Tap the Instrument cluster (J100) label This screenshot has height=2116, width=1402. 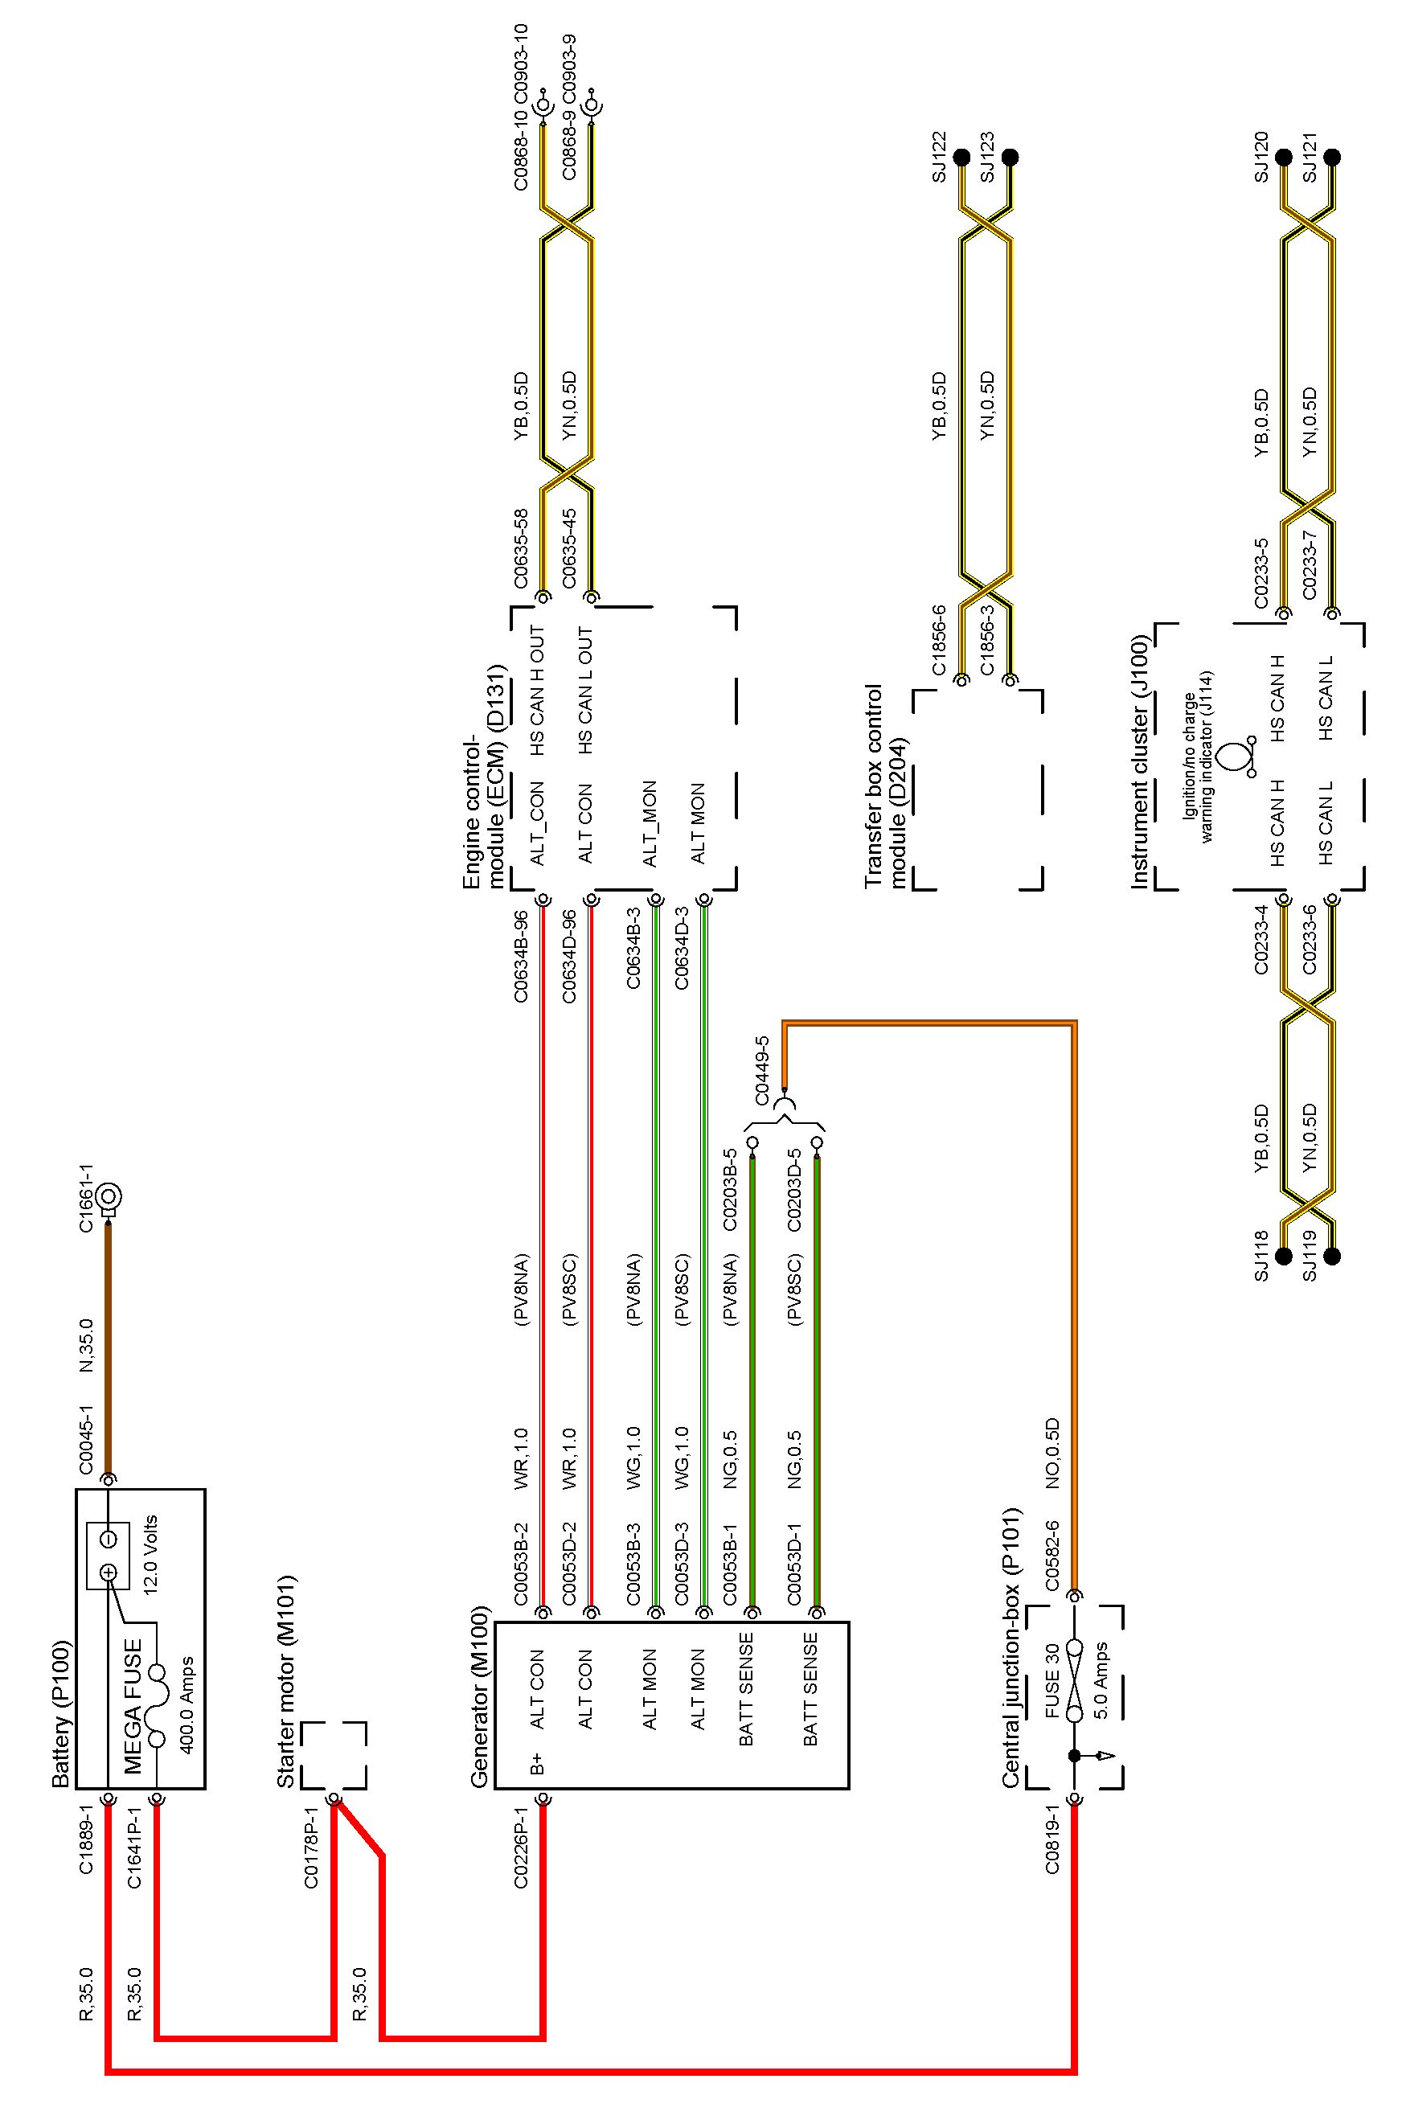(1139, 761)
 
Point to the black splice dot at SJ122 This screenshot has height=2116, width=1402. (962, 158)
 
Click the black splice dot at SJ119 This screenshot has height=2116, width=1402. (1332, 1256)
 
